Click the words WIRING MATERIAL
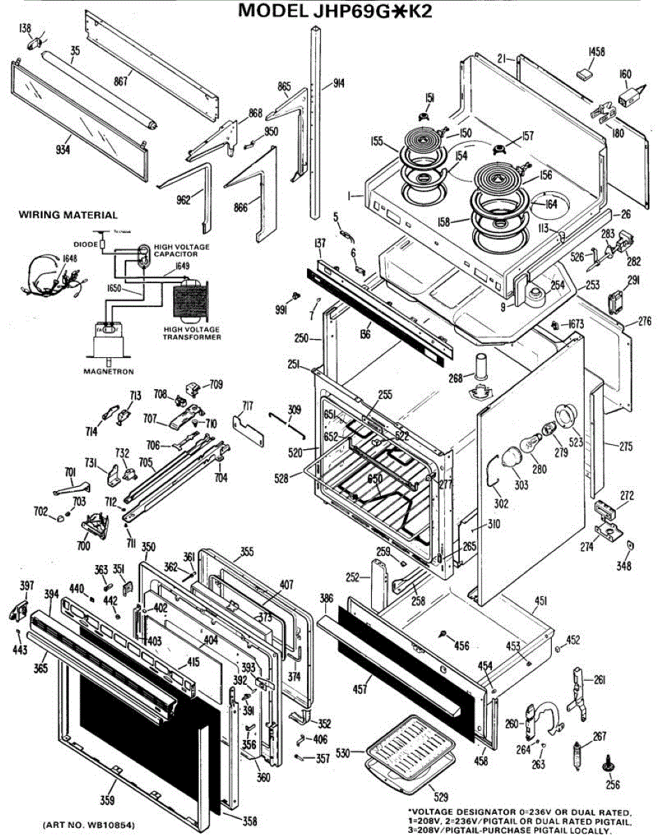pos(68,215)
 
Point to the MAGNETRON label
pos(108,372)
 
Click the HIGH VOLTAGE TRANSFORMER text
pos(192,333)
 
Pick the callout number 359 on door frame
pos(108,799)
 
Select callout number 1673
pos(576,325)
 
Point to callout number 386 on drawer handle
pos(326,598)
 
